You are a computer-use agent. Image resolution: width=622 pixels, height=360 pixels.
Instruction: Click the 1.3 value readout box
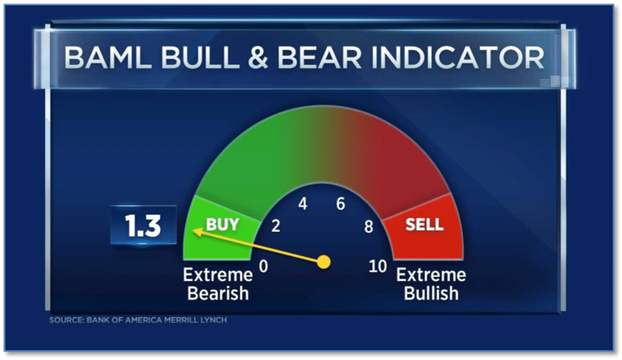(x=143, y=225)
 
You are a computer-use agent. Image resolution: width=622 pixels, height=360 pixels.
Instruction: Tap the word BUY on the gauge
(x=222, y=225)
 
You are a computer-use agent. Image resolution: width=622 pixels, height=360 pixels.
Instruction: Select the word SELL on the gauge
(x=424, y=225)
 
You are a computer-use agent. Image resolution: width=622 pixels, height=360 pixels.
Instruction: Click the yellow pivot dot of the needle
(x=324, y=262)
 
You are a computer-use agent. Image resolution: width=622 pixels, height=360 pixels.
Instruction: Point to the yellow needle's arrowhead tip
(x=193, y=231)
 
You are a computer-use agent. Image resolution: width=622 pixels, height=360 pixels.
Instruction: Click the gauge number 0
(x=263, y=266)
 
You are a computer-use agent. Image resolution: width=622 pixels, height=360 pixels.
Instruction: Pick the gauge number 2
(x=276, y=226)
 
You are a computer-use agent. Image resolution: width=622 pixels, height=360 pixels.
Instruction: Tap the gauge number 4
(x=303, y=204)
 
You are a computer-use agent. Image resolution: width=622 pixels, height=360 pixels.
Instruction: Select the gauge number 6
(x=340, y=204)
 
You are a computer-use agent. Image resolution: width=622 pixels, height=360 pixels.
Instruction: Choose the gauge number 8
(x=369, y=227)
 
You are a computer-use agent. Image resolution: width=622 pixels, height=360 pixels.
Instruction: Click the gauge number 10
(x=377, y=266)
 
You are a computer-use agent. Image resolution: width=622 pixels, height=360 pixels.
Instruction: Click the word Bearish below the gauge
(x=218, y=293)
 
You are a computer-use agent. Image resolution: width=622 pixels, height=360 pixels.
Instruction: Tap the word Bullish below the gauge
(x=431, y=293)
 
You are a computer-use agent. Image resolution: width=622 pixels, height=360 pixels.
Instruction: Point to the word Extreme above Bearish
(x=218, y=275)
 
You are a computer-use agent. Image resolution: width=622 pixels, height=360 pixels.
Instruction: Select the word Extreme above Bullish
(x=431, y=275)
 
